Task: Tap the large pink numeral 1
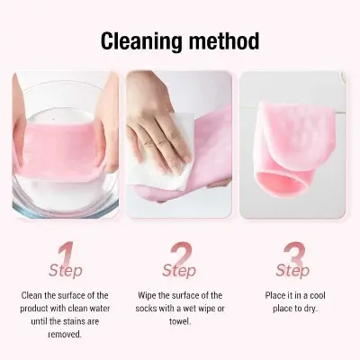65,253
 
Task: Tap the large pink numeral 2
181,253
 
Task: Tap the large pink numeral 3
294,253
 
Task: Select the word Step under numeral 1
66,270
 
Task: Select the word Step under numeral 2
180,270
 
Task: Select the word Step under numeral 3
292,270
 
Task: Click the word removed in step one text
66,333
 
